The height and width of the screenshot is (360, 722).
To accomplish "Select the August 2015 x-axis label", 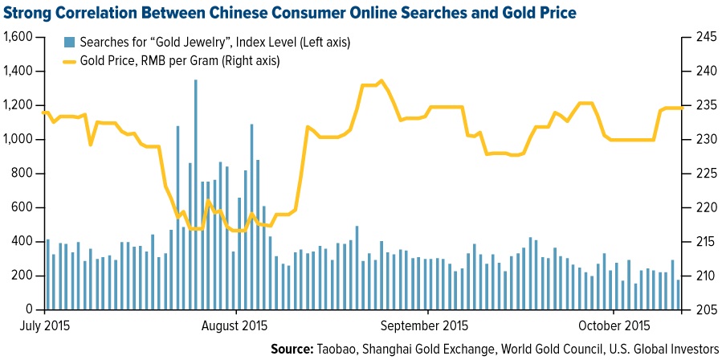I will coord(235,326).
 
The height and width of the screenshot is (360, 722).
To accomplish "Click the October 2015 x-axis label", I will coord(614,326).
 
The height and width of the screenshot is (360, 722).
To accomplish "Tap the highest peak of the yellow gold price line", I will coord(381,80).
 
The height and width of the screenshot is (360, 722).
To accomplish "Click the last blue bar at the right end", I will coord(679,295).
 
